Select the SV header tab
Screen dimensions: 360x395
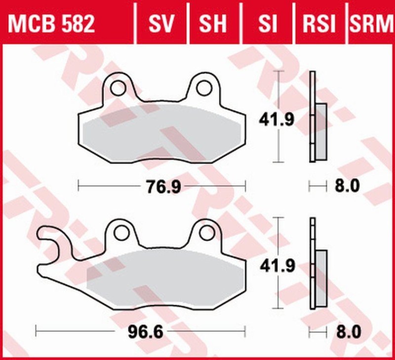161,23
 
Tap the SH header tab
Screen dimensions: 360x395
213,23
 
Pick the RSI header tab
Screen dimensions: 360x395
319,23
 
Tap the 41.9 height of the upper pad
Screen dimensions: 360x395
278,119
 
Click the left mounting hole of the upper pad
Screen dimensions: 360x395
118,88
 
